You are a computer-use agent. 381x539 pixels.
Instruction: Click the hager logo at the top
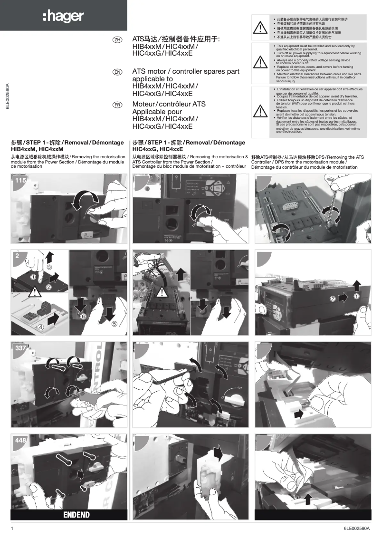pyautogui.click(x=63, y=17)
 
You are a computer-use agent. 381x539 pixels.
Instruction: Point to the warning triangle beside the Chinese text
pyautogui.click(x=260, y=28)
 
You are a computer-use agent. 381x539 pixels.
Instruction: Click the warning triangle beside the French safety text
pyautogui.click(x=260, y=110)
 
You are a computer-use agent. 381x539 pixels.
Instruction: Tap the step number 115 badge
pyautogui.click(x=20, y=181)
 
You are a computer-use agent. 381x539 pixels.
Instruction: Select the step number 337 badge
pyautogui.click(x=20, y=348)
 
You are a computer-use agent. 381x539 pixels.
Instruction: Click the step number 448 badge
pyautogui.click(x=20, y=441)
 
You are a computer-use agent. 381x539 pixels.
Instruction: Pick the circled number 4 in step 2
pyautogui.click(x=41, y=327)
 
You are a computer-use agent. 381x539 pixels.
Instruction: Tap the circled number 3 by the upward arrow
pyautogui.click(x=49, y=267)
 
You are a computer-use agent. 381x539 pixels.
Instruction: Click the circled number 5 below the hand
pyautogui.click(x=114, y=324)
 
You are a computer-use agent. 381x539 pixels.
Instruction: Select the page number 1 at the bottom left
pyautogui.click(x=12, y=529)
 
